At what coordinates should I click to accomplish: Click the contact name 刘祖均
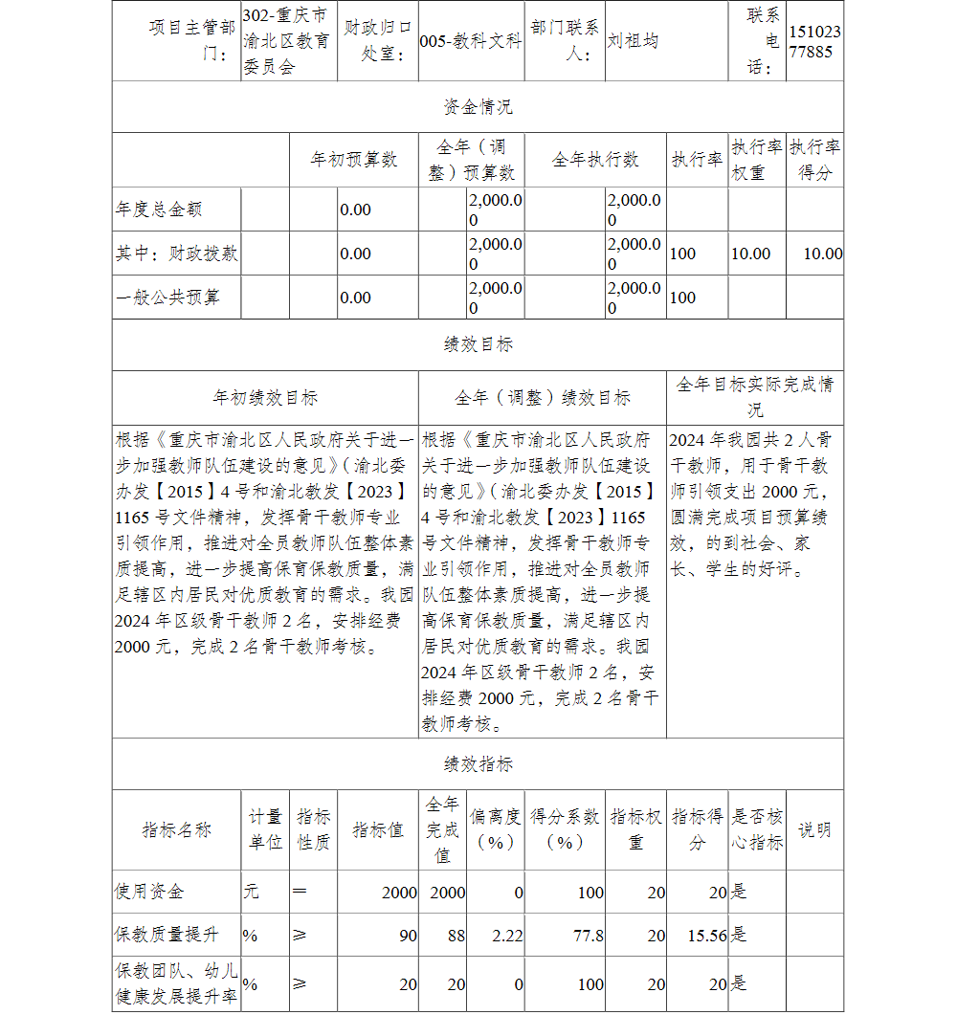(634, 42)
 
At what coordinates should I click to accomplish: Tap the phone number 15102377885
(815, 42)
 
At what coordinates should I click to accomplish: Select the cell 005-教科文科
(471, 42)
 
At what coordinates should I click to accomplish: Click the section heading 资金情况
(478, 107)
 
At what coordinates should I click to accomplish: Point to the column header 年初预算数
(354, 160)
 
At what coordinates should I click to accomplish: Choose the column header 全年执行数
(595, 160)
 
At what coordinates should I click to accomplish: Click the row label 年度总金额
(159, 209)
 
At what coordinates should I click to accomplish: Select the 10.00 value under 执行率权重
(750, 254)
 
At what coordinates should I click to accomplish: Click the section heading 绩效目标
(478, 344)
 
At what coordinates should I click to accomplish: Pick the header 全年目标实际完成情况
(755, 397)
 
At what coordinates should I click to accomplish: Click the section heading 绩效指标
(478, 763)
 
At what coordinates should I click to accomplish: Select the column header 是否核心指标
(757, 829)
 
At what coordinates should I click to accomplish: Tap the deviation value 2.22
(507, 936)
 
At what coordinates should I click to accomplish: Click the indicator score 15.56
(707, 936)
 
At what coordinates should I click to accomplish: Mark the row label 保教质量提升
(167, 936)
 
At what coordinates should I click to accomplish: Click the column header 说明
(814, 829)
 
